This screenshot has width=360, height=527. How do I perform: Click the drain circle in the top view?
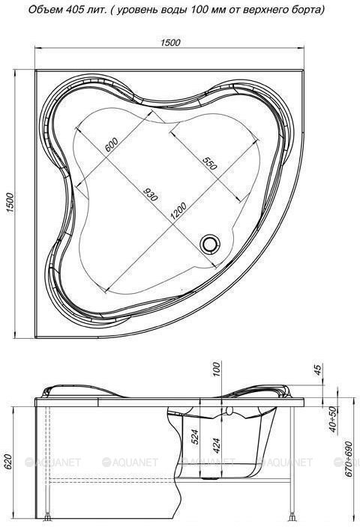[210, 242]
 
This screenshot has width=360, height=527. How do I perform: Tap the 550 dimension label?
[208, 163]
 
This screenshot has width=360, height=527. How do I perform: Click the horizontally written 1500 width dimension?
[170, 43]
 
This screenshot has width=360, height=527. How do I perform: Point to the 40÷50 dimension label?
[331, 417]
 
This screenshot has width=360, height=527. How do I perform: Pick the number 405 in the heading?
[68, 10]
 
